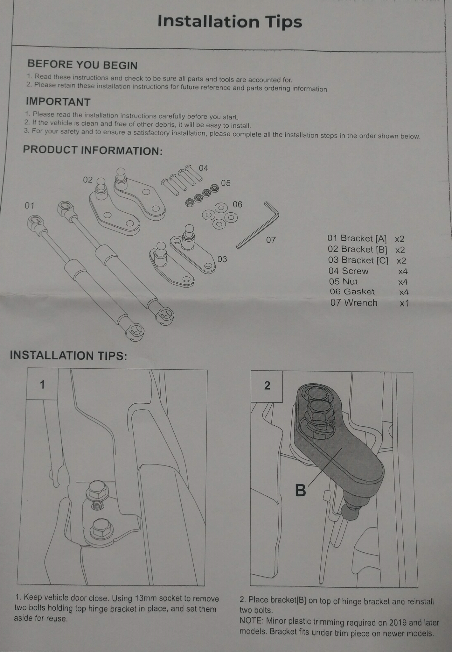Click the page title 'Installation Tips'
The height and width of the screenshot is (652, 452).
point(230,22)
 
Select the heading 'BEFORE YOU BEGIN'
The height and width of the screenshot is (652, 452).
point(83,65)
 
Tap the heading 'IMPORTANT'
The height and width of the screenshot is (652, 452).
point(58,102)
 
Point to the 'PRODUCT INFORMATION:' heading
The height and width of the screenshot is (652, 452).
point(93,150)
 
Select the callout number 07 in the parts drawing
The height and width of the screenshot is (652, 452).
point(271,240)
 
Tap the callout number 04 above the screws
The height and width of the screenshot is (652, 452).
point(203,168)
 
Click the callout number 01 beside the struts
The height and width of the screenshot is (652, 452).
point(29,206)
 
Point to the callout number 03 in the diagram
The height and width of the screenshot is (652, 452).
point(222,259)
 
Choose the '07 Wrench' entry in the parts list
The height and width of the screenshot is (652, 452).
point(354,303)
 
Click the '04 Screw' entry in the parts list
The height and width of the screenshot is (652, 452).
point(348,271)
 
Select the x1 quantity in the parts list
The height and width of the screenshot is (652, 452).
point(404,303)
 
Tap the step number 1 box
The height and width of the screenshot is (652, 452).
point(42,385)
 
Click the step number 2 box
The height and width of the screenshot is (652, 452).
point(267,386)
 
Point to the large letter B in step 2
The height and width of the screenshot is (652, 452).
point(300,490)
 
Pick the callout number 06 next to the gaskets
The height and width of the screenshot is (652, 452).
point(237,204)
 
